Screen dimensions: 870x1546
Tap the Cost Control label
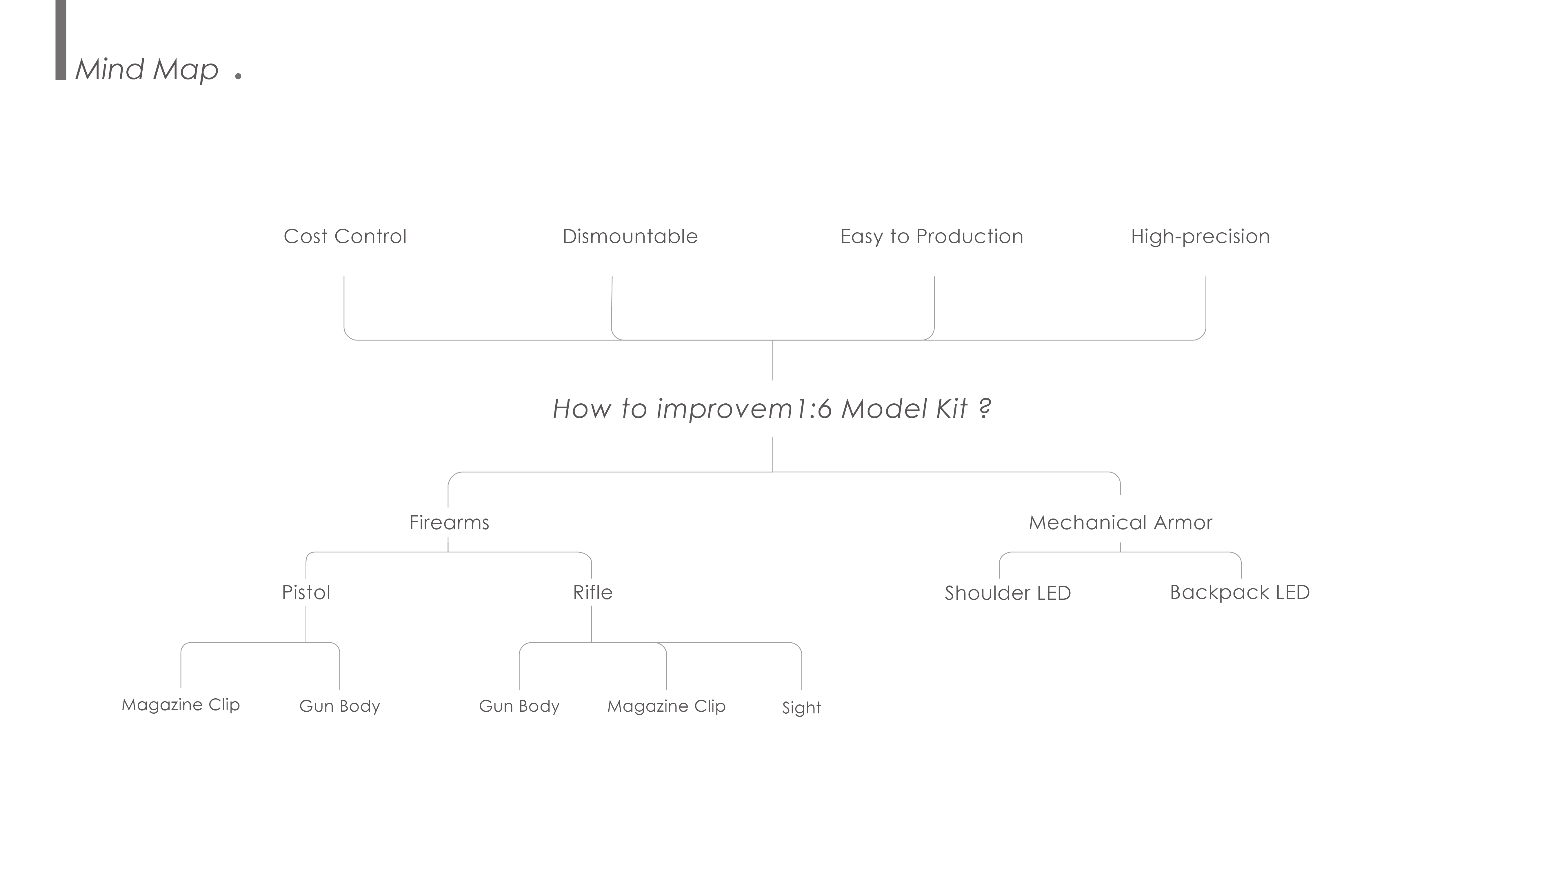[345, 237]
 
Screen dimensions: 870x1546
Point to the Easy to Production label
[932, 237]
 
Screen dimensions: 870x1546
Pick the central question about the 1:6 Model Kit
[771, 409]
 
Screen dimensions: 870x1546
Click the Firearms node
[449, 522]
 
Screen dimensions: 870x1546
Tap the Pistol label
[306, 592]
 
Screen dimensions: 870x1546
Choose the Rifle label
[592, 592]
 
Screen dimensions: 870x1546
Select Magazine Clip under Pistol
[181, 705]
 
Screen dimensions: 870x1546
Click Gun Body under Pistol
[340, 706]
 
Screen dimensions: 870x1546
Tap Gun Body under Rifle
[519, 706]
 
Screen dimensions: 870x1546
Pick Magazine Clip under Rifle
[666, 706]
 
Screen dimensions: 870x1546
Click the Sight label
[801, 708]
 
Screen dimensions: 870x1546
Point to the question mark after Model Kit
[984, 409]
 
